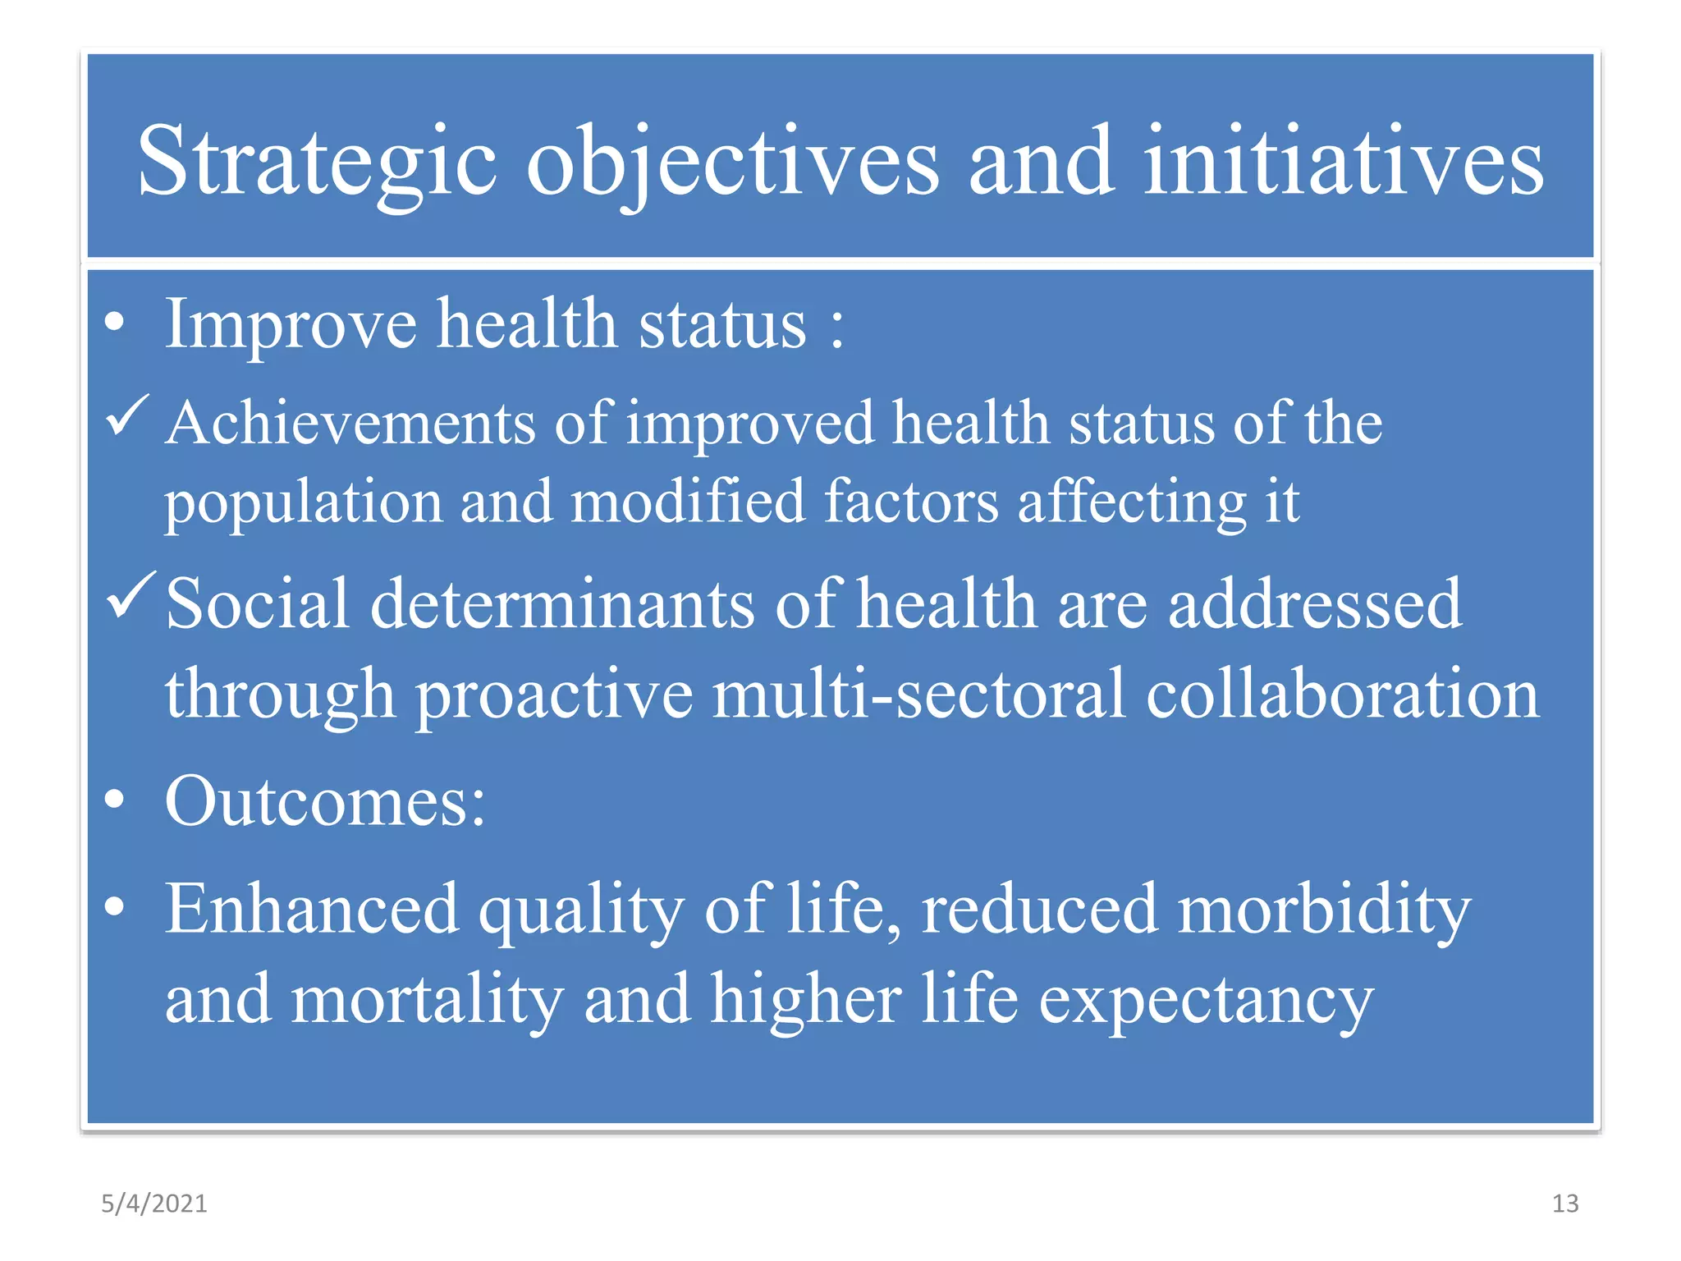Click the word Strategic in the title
(317, 162)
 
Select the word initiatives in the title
(1344, 162)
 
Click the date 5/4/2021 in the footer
(154, 1204)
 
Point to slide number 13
(1565, 1204)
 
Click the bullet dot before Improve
(116, 323)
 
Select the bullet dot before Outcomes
(116, 800)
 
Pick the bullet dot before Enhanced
(116, 906)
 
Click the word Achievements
(350, 424)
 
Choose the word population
(303, 502)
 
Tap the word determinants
(562, 604)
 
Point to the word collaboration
(1342, 695)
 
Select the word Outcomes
(325, 801)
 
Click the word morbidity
(1323, 910)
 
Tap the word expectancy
(1206, 1000)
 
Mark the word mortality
(427, 1000)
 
